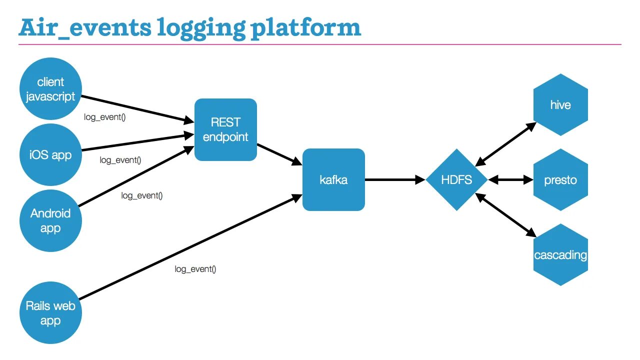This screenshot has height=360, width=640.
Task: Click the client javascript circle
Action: pyautogui.click(x=50, y=88)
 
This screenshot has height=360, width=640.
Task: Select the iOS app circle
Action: pyautogui.click(x=50, y=154)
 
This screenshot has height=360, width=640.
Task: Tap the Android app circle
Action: pyautogui.click(x=50, y=220)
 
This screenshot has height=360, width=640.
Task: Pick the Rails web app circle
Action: pyautogui.click(x=50, y=313)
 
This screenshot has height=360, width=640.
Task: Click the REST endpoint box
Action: pyautogui.click(x=225, y=129)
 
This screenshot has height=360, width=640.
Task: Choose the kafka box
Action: pyautogui.click(x=333, y=179)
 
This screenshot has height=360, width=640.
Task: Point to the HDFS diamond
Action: pyautogui.click(x=456, y=179)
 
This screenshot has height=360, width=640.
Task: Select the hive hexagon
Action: pyautogui.click(x=560, y=105)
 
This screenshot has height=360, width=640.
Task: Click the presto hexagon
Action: pyautogui.click(x=560, y=179)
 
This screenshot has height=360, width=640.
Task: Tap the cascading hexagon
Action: pyautogui.click(x=560, y=255)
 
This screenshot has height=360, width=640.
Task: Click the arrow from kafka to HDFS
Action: pyautogui.click(x=395, y=179)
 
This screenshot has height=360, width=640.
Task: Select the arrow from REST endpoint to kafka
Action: pyautogui.click(x=279, y=154)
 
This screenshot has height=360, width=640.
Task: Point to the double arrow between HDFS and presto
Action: pyautogui.click(x=510, y=179)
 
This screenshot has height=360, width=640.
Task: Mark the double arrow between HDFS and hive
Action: pyautogui.click(x=505, y=144)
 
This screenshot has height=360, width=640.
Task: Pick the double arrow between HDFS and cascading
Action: pyautogui.click(x=505, y=215)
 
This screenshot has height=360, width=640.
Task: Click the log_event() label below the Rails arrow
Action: pyautogui.click(x=195, y=269)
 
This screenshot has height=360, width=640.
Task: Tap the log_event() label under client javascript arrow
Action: pyautogui.click(x=104, y=117)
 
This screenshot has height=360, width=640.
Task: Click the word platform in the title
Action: pyautogui.click(x=305, y=28)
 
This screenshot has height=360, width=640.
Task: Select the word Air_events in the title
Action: pyautogui.click(x=85, y=28)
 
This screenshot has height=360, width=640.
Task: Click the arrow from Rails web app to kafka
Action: pyautogui.click(x=190, y=247)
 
